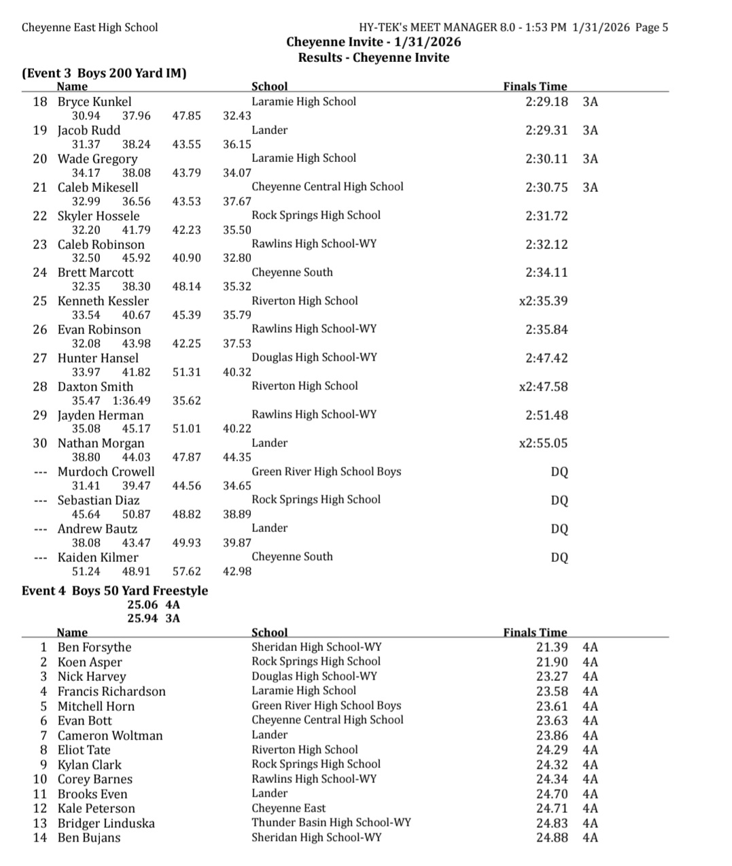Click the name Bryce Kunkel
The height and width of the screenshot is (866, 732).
(x=94, y=101)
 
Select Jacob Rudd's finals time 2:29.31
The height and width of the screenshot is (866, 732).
(x=546, y=130)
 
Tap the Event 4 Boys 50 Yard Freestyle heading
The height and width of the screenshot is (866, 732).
(x=115, y=590)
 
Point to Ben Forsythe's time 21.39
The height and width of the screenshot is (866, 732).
(x=551, y=647)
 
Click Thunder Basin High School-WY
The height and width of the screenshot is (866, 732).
(x=331, y=822)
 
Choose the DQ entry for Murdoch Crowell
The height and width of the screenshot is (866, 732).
(x=559, y=471)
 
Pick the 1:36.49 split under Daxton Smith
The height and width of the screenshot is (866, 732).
(x=131, y=401)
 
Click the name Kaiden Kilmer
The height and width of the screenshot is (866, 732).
(x=97, y=557)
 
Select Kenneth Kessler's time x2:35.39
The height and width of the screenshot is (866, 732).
(x=543, y=301)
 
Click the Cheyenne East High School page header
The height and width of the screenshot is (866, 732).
(x=90, y=27)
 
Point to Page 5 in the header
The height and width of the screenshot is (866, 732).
(x=651, y=27)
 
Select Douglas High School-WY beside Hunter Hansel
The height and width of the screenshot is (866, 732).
(x=313, y=357)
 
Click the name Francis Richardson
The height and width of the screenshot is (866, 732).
(x=111, y=691)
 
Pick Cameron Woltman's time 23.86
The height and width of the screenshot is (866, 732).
(x=551, y=735)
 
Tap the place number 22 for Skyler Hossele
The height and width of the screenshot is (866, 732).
(x=40, y=216)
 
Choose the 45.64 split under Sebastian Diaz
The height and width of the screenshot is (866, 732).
(x=86, y=514)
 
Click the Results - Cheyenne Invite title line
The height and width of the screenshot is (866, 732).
(x=373, y=57)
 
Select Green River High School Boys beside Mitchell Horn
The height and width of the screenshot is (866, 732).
(x=326, y=705)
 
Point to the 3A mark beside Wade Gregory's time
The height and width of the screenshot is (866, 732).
(x=590, y=159)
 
